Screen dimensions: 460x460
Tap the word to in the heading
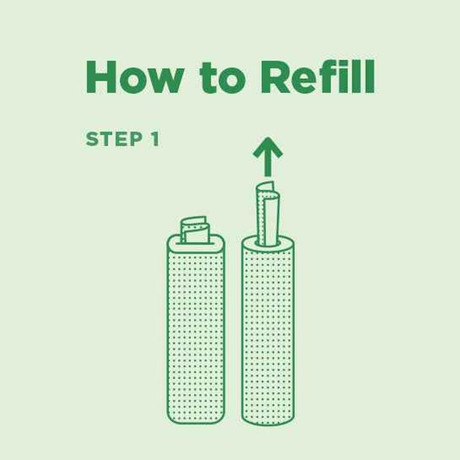click(222, 78)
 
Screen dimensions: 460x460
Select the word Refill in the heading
click(317, 76)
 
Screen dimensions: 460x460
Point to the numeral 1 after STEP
click(155, 139)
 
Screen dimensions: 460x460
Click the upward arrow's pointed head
click(267, 147)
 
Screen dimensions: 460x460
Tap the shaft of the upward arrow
click(267, 166)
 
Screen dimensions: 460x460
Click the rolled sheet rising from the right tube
click(267, 214)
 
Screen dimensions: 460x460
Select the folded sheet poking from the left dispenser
click(195, 230)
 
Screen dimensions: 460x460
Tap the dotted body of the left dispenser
click(196, 334)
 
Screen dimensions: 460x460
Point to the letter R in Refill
click(274, 77)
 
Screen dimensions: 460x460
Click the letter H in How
click(101, 77)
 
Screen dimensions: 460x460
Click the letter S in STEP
click(92, 139)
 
